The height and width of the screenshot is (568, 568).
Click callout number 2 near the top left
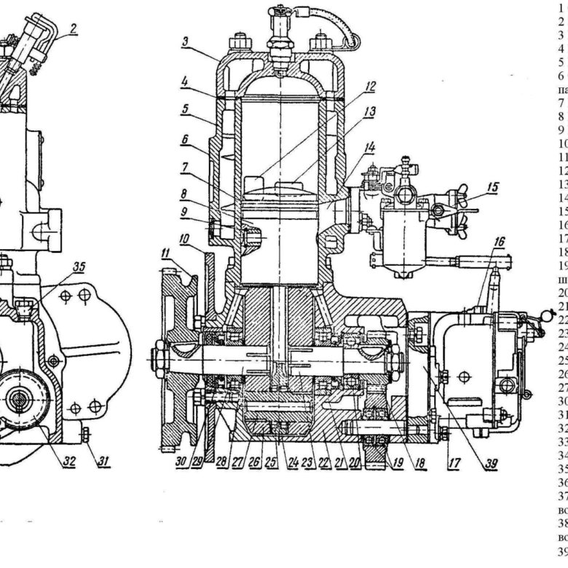click(x=74, y=30)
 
